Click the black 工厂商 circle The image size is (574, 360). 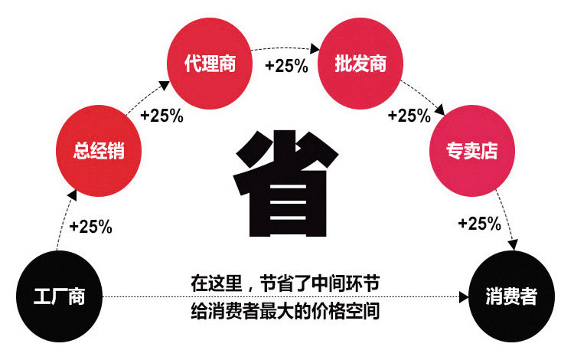[x=59, y=296]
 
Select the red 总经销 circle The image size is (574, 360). [x=99, y=151]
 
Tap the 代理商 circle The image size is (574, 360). [x=210, y=64]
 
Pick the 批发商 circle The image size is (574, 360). [x=360, y=64]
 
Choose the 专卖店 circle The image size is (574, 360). [x=472, y=151]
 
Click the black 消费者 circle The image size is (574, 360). [x=511, y=296]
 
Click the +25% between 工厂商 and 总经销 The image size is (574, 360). [x=91, y=226]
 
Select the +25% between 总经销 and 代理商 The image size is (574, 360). [x=161, y=116]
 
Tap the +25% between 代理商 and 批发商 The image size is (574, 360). [x=287, y=66]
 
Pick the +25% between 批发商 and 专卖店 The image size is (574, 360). [x=409, y=116]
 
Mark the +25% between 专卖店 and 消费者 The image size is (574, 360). [x=480, y=224]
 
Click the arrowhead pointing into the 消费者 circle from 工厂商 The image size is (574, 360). [x=464, y=297]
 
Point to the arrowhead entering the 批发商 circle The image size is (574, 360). [x=315, y=48]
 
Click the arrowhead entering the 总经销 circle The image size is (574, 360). [x=72, y=195]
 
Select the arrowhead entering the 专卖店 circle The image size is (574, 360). [x=439, y=110]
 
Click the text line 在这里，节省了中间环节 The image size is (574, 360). [x=285, y=283]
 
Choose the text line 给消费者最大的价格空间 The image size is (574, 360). [x=285, y=311]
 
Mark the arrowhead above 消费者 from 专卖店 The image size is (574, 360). [x=514, y=244]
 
